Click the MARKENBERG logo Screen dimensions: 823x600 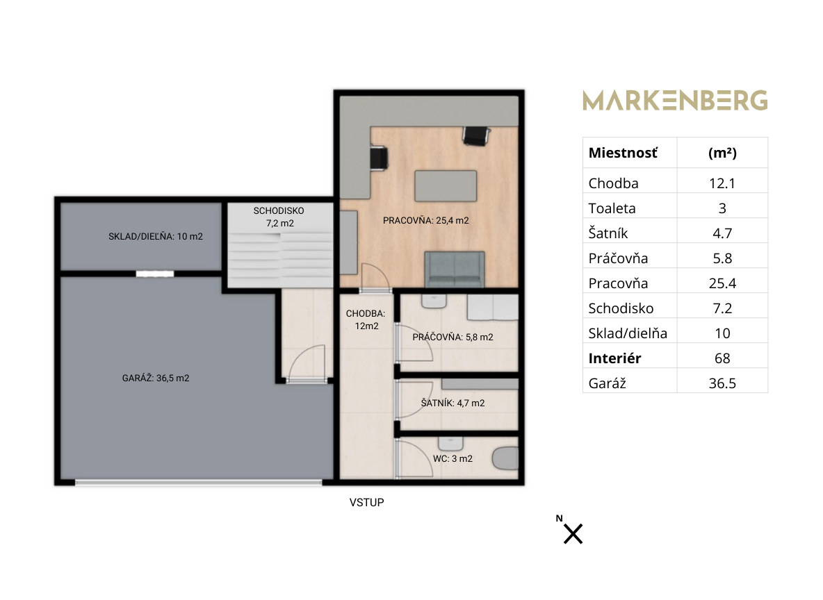coord(675,100)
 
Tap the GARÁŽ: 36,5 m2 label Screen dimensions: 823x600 coord(156,378)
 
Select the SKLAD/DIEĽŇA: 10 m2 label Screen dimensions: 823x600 coord(156,236)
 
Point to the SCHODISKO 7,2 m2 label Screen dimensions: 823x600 coord(279,217)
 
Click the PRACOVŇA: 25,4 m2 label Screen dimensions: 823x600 coord(425,220)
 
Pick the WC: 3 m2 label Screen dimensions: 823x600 coord(453,458)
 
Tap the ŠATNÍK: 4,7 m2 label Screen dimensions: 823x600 coord(453,403)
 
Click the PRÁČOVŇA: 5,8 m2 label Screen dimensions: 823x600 coord(453,337)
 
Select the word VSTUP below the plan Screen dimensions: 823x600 coord(366,503)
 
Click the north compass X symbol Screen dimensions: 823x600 coord(573,534)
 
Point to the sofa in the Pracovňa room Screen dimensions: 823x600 coord(455,269)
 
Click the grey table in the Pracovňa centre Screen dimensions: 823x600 coord(446,185)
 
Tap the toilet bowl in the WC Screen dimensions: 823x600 coord(506,458)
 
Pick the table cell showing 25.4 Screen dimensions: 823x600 coord(722,283)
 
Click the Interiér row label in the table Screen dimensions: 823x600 coord(614,358)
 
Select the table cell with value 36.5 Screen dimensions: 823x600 coord(722,383)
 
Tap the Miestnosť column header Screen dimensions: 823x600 coord(623,153)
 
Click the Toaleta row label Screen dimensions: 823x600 coord(612,208)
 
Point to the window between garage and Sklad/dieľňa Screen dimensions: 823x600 coord(155,274)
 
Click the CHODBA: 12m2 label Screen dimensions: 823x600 coord(366,319)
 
